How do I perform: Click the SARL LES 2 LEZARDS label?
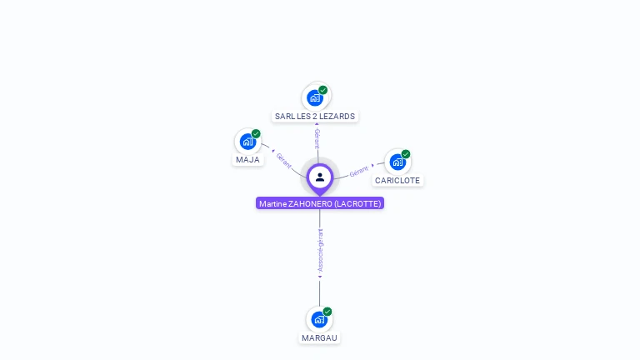(x=315, y=116)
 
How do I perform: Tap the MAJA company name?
(x=247, y=159)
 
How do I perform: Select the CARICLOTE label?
(x=397, y=180)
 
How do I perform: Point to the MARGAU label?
(x=320, y=337)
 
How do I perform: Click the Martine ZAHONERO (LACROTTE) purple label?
(x=320, y=203)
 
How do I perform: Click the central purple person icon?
(x=320, y=177)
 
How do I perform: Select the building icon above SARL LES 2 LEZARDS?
(x=315, y=97)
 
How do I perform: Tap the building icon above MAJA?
(x=247, y=141)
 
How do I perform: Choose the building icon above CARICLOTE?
(x=397, y=162)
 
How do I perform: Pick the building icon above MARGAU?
(x=319, y=319)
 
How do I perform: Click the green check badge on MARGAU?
(x=327, y=312)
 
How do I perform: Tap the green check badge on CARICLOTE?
(x=406, y=154)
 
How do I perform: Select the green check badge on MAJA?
(x=256, y=133)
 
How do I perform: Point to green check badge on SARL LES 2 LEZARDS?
(x=323, y=90)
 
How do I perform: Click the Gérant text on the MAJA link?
(x=283, y=159)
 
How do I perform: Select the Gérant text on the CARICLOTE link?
(x=359, y=170)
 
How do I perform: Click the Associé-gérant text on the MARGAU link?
(x=320, y=251)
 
